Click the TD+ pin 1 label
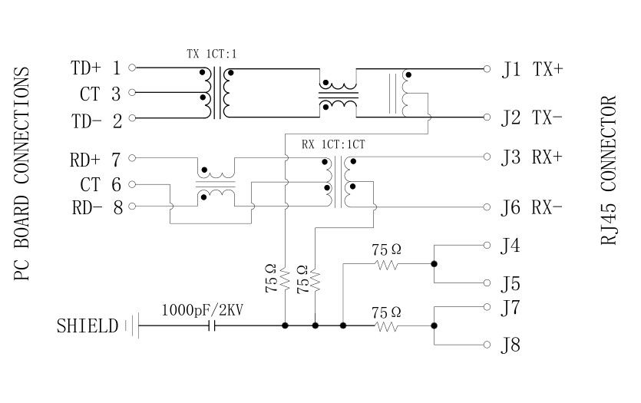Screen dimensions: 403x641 pyautogui.click(x=95, y=68)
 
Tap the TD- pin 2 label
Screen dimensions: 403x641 pyautogui.click(x=95, y=120)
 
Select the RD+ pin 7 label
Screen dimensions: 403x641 pyautogui.click(x=95, y=160)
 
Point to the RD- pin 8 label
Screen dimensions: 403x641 pyautogui.click(x=97, y=207)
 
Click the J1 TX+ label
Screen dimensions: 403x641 pyautogui.click(x=533, y=70)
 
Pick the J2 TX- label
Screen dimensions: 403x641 pyautogui.click(x=533, y=118)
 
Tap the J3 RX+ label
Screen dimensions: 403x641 pyautogui.click(x=533, y=157)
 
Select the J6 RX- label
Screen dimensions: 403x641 pyautogui.click(x=533, y=207)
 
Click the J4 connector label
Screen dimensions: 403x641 pyautogui.click(x=510, y=246)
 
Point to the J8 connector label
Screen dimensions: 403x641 pyautogui.click(x=510, y=345)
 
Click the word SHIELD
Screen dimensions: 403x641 pyautogui.click(x=87, y=326)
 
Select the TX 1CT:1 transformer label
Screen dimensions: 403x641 pyautogui.click(x=212, y=55)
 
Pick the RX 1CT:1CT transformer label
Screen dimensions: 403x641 pyautogui.click(x=332, y=143)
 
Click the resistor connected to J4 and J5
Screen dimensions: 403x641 pyautogui.click(x=386, y=265)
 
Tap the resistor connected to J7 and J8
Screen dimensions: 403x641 pyautogui.click(x=386, y=326)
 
